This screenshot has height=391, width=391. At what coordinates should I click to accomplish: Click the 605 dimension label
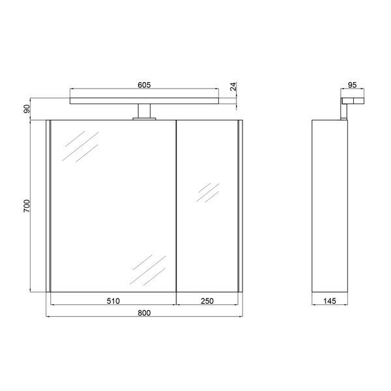coord(144,85)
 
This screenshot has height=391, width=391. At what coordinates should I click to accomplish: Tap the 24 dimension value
coord(233,86)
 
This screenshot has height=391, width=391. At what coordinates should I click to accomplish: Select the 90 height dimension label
coord(27,109)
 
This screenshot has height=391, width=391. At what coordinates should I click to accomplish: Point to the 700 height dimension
coord(27,206)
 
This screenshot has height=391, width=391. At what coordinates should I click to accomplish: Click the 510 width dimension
coord(113,301)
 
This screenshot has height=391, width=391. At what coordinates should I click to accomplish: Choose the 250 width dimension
coord(207,301)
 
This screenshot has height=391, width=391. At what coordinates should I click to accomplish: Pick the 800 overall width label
coord(144,313)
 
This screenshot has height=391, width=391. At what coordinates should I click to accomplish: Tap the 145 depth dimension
coord(330,301)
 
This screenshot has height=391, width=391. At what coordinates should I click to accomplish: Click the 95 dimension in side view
coord(352,85)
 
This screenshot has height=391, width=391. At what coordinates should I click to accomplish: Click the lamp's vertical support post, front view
coord(144,111)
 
